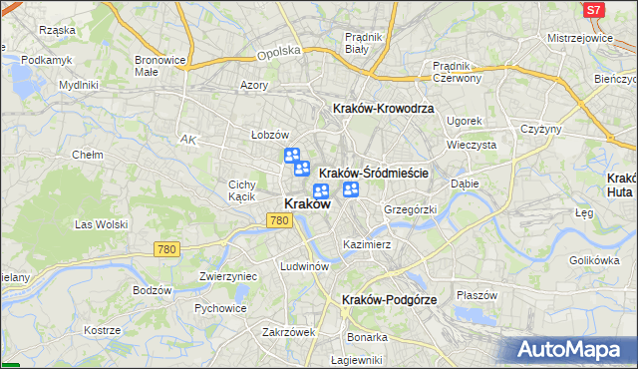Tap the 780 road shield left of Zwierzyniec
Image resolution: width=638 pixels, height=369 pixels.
[167, 248]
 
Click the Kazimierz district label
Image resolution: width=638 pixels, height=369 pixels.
[366, 244]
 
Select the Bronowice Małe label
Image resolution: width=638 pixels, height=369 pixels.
[159, 66]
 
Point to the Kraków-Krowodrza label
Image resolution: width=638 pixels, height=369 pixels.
[383, 109]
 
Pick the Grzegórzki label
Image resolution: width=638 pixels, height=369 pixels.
[411, 209]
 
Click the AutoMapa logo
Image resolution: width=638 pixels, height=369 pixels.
[574, 350]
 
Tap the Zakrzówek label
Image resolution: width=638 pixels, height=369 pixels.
[289, 332]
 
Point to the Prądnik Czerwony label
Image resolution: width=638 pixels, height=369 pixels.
[458, 72]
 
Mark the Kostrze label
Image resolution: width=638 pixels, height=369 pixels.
[102, 330]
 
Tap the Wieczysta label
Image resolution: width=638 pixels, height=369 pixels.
[472, 145]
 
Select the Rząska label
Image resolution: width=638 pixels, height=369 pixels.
[57, 30]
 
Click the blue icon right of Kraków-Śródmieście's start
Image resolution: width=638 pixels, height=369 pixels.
[351, 189]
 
